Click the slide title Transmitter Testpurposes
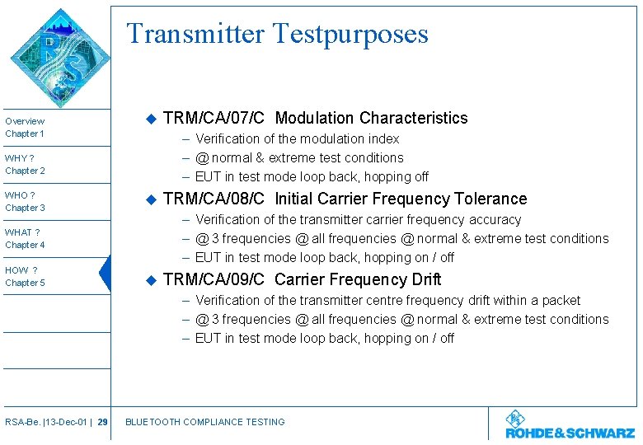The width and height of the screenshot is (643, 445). point(277,34)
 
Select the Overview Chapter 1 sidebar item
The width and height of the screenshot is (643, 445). point(26,127)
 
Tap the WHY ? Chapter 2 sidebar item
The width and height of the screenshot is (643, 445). point(26,164)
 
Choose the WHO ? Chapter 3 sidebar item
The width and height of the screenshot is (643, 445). point(26,201)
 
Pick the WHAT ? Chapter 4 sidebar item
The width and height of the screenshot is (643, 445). point(26,238)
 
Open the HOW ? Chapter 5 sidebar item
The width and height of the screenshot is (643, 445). point(26,276)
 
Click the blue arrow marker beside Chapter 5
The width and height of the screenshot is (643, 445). point(105,274)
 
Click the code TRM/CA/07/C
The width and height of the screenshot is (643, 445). point(214,118)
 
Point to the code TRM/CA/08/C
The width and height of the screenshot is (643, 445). point(214,199)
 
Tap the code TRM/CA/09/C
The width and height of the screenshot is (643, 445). point(214,279)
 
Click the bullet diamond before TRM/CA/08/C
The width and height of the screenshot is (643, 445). point(150,199)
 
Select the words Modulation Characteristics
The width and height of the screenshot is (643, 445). point(371,118)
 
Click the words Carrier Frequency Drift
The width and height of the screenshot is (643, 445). point(358,279)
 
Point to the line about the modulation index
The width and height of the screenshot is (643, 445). point(297,138)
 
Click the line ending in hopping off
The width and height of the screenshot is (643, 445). point(312,176)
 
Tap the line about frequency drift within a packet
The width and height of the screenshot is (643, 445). point(387,300)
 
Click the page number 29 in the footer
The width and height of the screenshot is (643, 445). point(102,422)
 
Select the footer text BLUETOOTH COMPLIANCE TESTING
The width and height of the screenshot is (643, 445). point(204,422)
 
